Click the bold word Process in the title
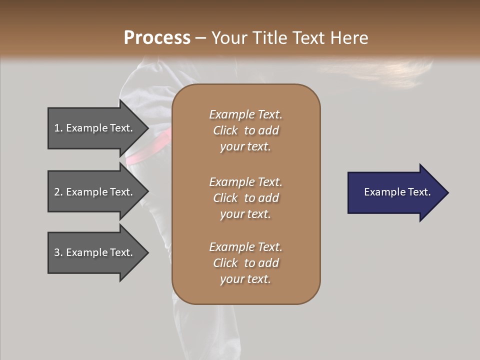coord(157,38)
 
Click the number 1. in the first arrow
coord(58,128)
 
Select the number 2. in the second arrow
coord(58,192)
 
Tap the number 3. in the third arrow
coord(58,252)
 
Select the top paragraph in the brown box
coord(245,130)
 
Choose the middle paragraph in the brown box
coord(245,198)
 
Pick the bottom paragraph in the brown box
coord(245,263)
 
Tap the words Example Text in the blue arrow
coord(397,192)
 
